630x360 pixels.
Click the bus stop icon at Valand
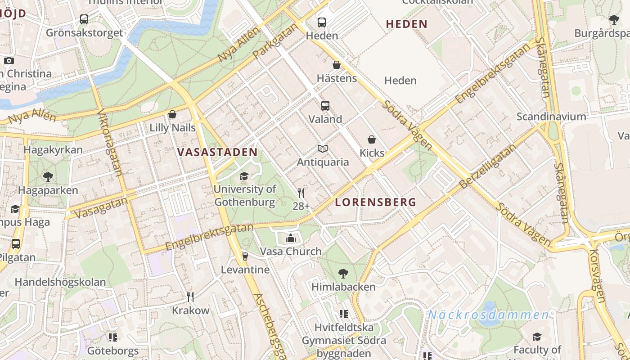click(x=325, y=106)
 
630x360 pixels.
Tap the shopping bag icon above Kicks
click(x=372, y=139)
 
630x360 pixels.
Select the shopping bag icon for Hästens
click(x=336, y=65)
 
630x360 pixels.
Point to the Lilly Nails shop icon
click(x=172, y=115)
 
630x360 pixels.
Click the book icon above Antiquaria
click(x=323, y=148)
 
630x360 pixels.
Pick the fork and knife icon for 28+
click(x=301, y=193)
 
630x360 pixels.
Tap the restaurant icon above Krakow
click(x=190, y=297)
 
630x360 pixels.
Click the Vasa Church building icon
click(x=291, y=238)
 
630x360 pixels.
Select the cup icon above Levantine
click(x=245, y=256)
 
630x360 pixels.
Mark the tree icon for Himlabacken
click(x=343, y=273)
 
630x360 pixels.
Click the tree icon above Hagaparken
click(x=48, y=177)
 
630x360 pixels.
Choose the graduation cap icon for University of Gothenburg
click(x=244, y=176)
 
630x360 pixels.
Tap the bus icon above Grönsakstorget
click(x=84, y=19)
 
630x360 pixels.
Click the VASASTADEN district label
click(x=217, y=152)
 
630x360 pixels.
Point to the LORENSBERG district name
click(x=376, y=202)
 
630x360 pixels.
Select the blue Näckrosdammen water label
click(x=488, y=315)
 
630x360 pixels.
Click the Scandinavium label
click(x=551, y=117)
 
